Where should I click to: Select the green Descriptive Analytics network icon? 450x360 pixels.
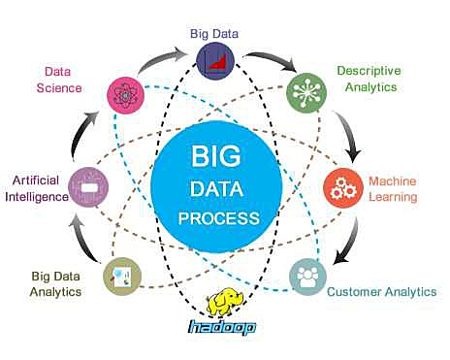click(305, 93)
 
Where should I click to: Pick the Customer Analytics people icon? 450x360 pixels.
click(307, 276)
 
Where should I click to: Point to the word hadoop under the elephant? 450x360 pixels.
click(221, 328)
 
